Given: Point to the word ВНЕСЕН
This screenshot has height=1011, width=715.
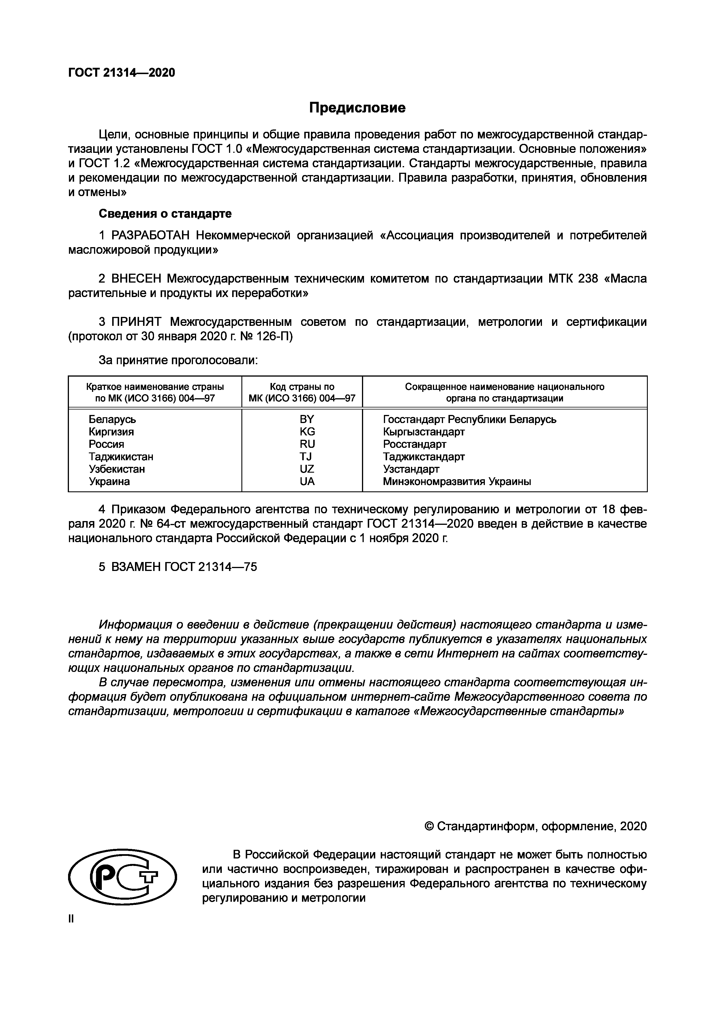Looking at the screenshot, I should (136, 279).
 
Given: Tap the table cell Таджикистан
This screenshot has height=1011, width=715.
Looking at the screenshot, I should (121, 457).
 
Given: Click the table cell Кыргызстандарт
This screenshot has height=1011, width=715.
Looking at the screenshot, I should (423, 431).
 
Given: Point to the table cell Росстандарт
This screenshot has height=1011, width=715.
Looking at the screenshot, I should (414, 444).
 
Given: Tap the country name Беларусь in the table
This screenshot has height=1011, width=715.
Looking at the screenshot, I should (112, 419).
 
